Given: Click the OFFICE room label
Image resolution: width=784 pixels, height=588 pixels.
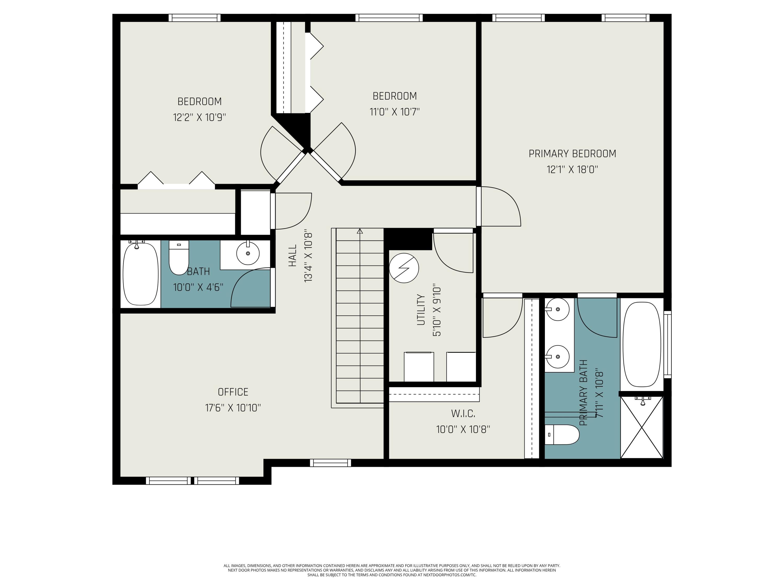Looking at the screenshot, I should [x=233, y=392].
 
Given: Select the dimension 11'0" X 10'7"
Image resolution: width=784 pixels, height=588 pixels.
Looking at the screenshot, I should [x=394, y=112].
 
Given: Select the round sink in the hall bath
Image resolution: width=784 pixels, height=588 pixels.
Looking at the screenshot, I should [x=248, y=253].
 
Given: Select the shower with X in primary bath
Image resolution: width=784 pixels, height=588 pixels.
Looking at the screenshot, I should [x=642, y=428].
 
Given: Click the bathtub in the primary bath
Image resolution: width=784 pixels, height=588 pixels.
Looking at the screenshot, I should [x=642, y=344].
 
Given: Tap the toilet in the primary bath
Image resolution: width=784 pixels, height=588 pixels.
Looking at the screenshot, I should [x=561, y=435].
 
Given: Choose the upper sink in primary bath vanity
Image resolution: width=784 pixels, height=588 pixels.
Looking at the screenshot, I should [x=557, y=309].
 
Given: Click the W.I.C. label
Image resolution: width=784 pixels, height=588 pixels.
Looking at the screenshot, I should [x=463, y=413].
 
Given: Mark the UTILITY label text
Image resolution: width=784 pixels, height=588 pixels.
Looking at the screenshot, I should [x=421, y=309].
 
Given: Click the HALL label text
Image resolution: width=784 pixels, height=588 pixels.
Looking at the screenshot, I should [x=292, y=256].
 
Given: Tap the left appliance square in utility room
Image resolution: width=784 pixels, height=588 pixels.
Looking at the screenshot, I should [x=419, y=367].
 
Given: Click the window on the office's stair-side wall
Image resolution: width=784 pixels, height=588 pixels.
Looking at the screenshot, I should [x=330, y=463].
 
